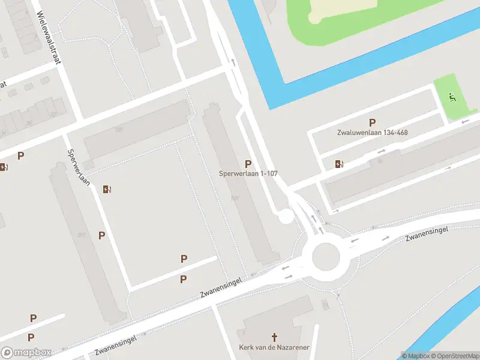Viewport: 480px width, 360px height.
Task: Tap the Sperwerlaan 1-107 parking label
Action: coord(248,174)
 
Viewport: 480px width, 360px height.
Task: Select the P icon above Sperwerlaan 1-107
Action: coord(248,164)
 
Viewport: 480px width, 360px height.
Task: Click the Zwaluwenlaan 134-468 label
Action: coord(372,132)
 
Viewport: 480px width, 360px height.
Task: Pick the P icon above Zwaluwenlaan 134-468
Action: coord(372,122)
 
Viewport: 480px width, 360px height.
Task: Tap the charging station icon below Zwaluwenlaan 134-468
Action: coord(340,163)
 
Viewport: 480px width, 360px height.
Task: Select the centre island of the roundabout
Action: coord(326,258)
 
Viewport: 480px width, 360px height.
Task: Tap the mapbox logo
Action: coord(26,353)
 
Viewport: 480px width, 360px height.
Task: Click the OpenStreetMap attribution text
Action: coord(454,355)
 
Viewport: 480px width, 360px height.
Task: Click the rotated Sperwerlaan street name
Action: coord(79,167)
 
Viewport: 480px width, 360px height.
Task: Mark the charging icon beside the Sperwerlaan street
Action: coord(107,190)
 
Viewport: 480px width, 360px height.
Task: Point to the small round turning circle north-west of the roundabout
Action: coord(286,216)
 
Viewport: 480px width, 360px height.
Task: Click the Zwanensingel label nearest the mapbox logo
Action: coord(116,346)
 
